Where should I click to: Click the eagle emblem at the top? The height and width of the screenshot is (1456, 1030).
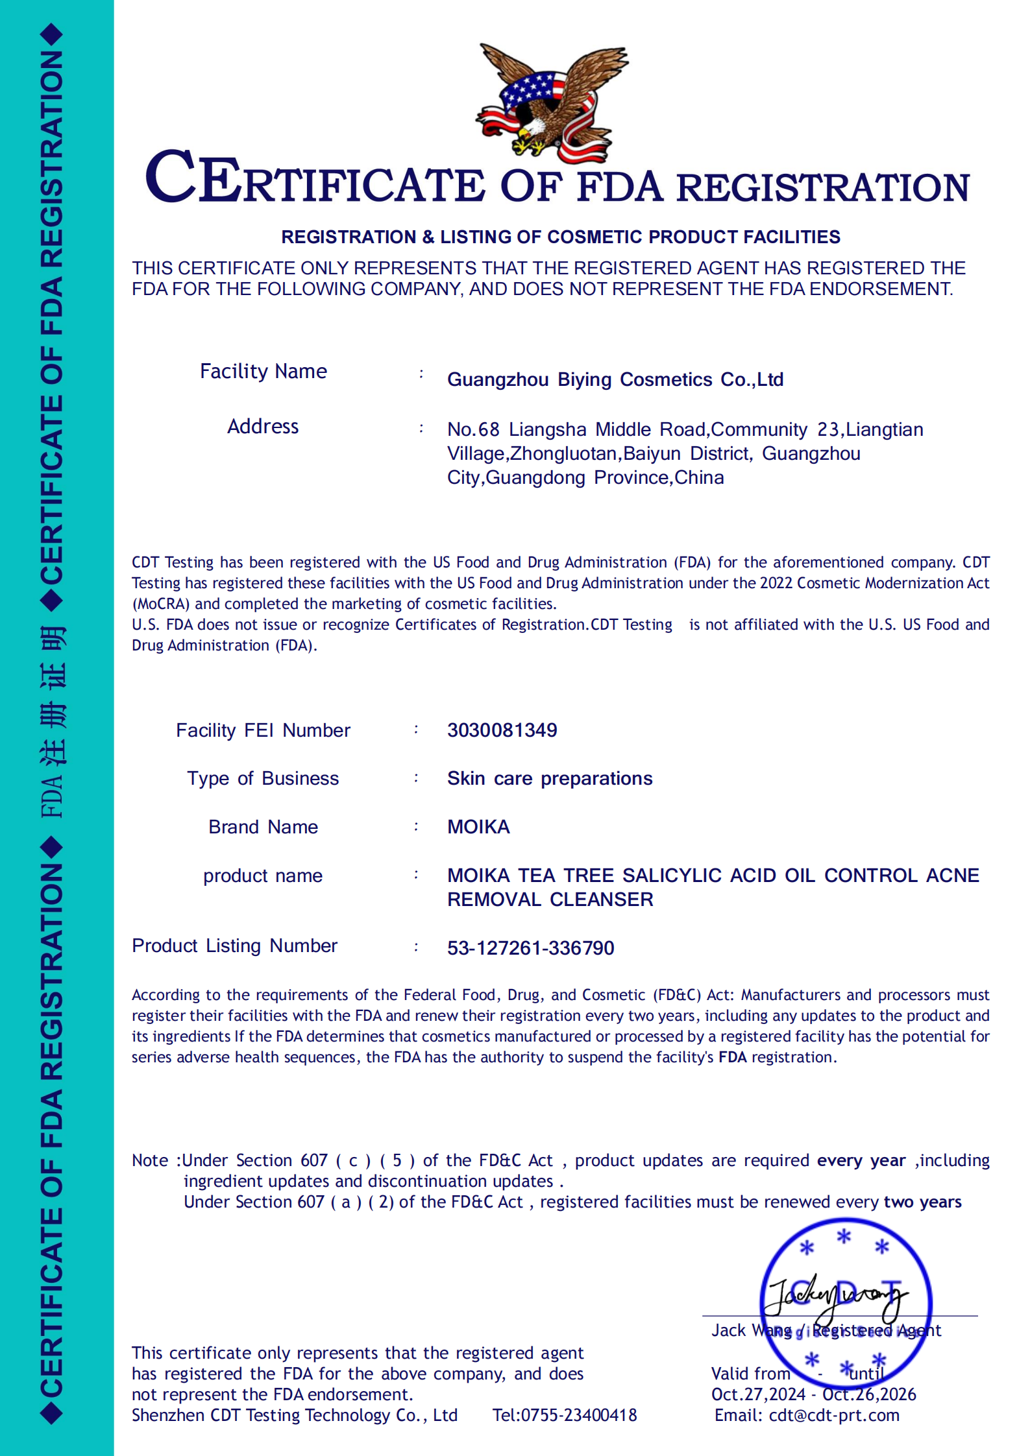[552, 102]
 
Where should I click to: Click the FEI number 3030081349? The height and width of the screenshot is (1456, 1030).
[502, 730]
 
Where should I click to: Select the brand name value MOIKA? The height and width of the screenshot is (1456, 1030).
[478, 827]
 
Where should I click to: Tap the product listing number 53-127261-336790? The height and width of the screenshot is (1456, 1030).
[530, 948]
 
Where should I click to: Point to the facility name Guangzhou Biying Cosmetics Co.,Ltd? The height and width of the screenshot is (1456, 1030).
[615, 379]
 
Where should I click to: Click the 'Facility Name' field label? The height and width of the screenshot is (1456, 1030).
[263, 372]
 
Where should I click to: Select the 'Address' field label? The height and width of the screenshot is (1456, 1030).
[263, 427]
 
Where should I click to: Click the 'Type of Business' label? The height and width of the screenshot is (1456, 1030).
[263, 778]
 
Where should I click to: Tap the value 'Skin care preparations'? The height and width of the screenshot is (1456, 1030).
[549, 778]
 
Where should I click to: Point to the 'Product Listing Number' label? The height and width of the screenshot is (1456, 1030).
[234, 946]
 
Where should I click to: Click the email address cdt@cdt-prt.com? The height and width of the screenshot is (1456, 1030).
[834, 1415]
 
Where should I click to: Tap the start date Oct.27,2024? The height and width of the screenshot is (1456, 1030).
[757, 1394]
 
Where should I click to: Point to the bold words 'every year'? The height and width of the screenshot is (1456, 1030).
[861, 1160]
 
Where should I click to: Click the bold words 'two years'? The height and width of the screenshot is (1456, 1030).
[922, 1202]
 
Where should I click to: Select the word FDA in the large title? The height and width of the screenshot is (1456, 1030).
[620, 187]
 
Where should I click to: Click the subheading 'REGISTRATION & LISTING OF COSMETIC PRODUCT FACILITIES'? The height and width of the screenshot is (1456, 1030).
[560, 237]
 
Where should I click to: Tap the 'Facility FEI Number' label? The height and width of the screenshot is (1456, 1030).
[263, 730]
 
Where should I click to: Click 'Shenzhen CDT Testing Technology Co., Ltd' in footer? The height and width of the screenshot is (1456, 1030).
[295, 1415]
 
